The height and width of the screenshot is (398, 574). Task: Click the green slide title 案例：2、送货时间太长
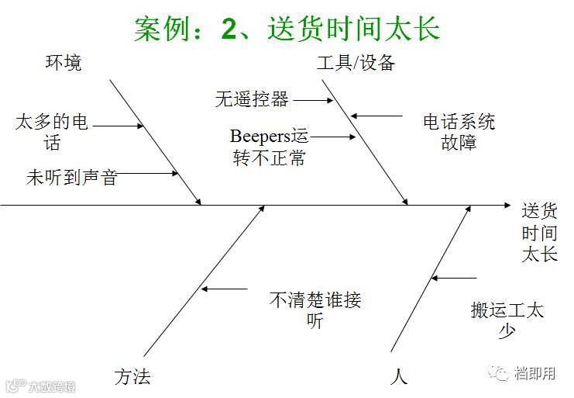287,29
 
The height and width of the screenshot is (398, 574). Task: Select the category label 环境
62,63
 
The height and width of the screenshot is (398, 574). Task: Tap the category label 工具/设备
356,63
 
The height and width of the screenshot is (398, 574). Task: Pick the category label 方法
132,377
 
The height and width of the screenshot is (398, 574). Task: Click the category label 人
399,377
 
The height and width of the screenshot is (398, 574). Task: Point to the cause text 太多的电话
52,132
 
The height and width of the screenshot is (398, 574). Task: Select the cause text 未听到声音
71,178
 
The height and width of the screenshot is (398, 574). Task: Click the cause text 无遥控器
252,99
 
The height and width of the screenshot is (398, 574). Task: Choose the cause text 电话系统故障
459,132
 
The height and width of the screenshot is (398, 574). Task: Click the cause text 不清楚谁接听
314,310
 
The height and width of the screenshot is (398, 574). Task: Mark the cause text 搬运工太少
507,320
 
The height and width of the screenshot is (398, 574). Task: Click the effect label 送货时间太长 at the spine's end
539,232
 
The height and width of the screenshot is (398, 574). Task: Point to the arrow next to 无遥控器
312,99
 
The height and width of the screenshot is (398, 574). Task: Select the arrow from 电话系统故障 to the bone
377,116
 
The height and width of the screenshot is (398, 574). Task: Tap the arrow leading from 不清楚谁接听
225,289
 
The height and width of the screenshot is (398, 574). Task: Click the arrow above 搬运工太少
455,277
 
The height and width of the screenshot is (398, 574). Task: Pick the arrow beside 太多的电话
119,126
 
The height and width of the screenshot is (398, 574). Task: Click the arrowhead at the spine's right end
507,206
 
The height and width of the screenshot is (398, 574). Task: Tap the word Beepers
259,137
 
